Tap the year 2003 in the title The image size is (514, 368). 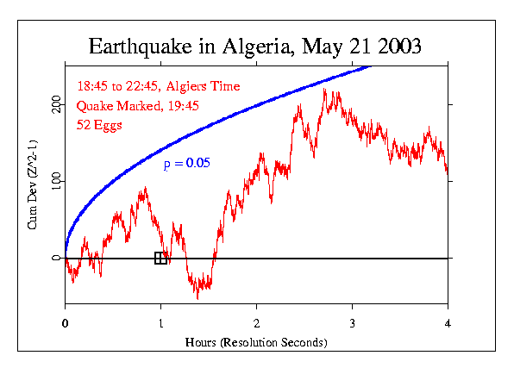[x=394, y=47]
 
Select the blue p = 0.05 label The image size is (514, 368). [x=187, y=162]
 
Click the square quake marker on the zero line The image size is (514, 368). [x=160, y=258]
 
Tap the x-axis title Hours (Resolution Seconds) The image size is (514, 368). [x=256, y=341]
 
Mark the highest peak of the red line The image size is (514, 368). [x=323, y=89]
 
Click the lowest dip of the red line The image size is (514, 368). [x=197, y=298]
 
